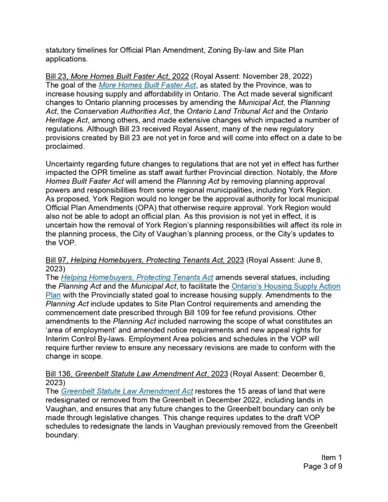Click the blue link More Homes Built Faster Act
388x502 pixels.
click(147, 85)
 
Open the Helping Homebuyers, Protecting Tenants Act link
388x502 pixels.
click(137, 277)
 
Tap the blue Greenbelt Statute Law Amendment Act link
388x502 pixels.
click(127, 391)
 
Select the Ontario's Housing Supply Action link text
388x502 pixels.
click(285, 286)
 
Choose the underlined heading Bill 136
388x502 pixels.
click(136, 374)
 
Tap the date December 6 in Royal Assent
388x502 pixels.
click(300, 374)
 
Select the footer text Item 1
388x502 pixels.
click(331, 457)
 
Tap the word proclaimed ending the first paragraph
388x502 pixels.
click(65, 146)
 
